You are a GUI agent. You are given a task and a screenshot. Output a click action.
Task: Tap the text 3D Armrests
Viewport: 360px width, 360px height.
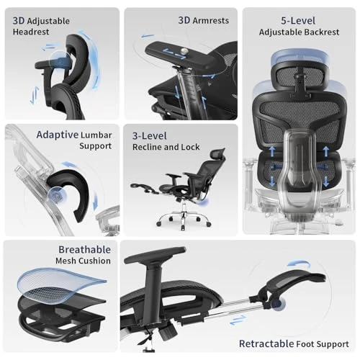[x=203, y=21]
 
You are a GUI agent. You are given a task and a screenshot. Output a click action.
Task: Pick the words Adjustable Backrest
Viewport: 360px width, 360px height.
[x=300, y=32]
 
